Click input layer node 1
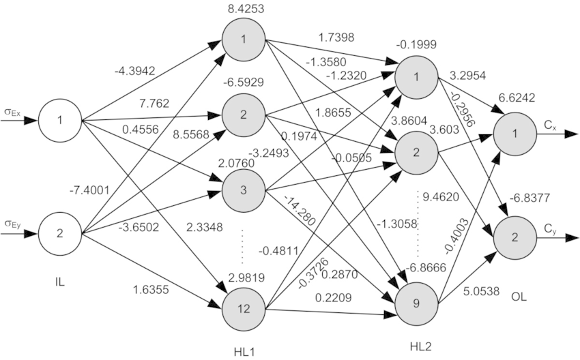pyautogui.click(x=59, y=121)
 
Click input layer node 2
pyautogui.click(x=59, y=234)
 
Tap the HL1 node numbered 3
pyautogui.click(x=244, y=189)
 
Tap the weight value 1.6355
pyautogui.click(x=151, y=288)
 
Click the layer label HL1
pyautogui.click(x=244, y=350)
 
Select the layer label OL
pyautogui.click(x=518, y=297)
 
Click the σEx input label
pyautogui.click(x=12, y=111)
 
